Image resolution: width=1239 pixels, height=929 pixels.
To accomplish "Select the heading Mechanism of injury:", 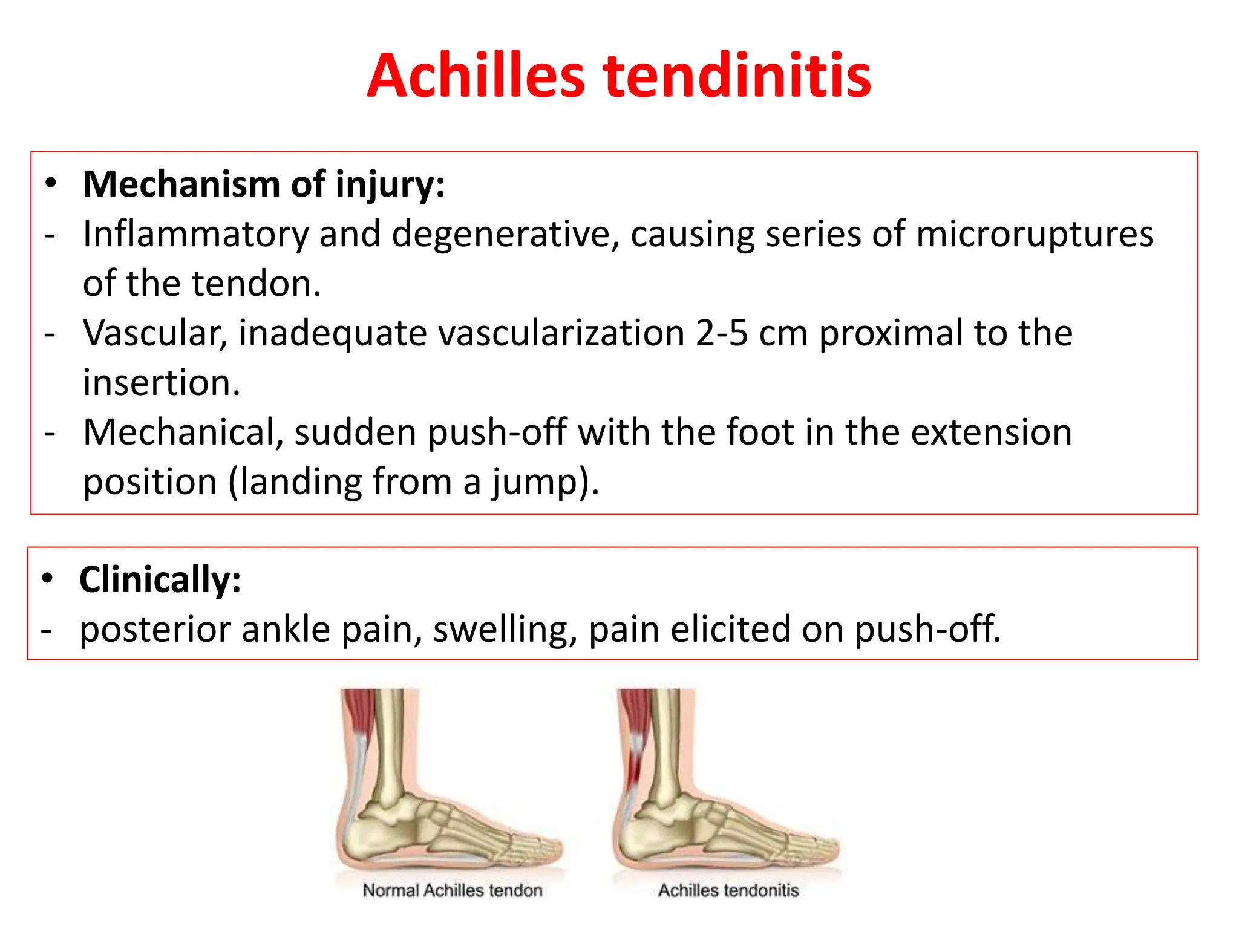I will (x=264, y=184).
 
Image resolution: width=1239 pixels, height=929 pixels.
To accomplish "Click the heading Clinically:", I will (x=160, y=579).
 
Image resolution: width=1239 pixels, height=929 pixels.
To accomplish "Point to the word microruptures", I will (x=1035, y=234).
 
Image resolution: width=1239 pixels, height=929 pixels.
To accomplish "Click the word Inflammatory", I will (x=195, y=234).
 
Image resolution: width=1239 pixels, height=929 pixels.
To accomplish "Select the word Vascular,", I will (x=155, y=333).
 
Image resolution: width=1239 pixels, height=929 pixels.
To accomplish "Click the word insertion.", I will (x=162, y=383).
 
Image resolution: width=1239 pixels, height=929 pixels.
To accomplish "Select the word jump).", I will (x=545, y=482).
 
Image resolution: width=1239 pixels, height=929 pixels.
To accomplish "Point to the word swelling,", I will (x=505, y=629).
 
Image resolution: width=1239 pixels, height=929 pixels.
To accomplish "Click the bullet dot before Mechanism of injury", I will (x=51, y=183).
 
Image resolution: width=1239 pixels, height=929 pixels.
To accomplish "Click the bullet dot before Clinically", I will (x=47, y=579).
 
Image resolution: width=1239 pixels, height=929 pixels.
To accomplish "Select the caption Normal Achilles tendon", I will (x=453, y=890).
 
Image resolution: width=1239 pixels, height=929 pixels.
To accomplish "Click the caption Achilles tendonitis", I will (x=728, y=890).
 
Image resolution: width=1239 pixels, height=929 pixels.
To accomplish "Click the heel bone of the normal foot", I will (x=369, y=838).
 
